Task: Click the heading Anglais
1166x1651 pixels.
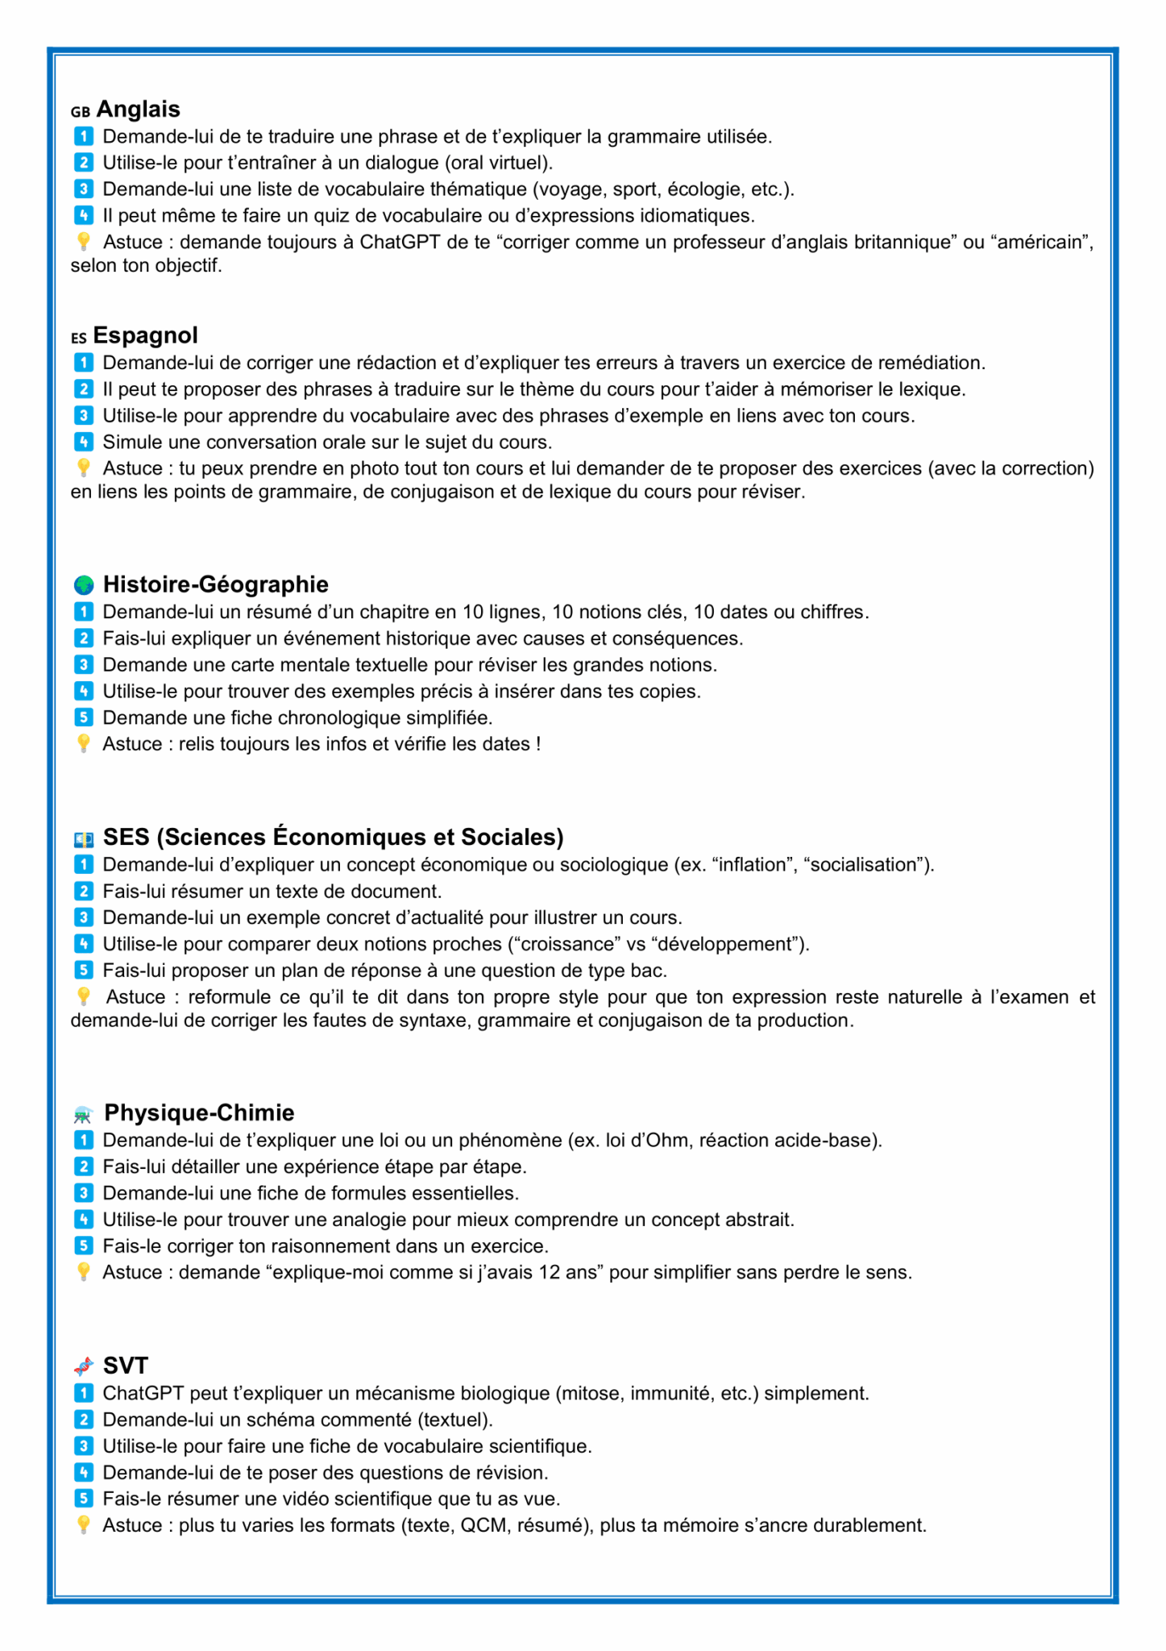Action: pyautogui.click(x=138, y=109)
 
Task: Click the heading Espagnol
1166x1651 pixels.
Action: pyautogui.click(x=145, y=335)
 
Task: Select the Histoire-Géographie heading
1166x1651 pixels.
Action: pyautogui.click(x=215, y=584)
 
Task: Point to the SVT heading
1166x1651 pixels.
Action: pyautogui.click(x=126, y=1365)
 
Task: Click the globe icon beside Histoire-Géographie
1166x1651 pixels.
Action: pyautogui.click(x=83, y=584)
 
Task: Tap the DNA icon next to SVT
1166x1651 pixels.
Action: pyautogui.click(x=83, y=1366)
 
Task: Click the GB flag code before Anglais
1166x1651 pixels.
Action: pyautogui.click(x=80, y=112)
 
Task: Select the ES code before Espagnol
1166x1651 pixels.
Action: pyautogui.click(x=78, y=338)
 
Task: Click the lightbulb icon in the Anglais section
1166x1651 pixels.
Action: pyautogui.click(x=83, y=241)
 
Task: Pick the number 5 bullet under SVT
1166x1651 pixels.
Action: pyautogui.click(x=83, y=1498)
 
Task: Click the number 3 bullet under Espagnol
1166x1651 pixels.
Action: pyautogui.click(x=83, y=415)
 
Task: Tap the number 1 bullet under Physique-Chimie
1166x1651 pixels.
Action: pyautogui.click(x=83, y=1139)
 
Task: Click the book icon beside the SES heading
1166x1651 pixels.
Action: pyautogui.click(x=83, y=839)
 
